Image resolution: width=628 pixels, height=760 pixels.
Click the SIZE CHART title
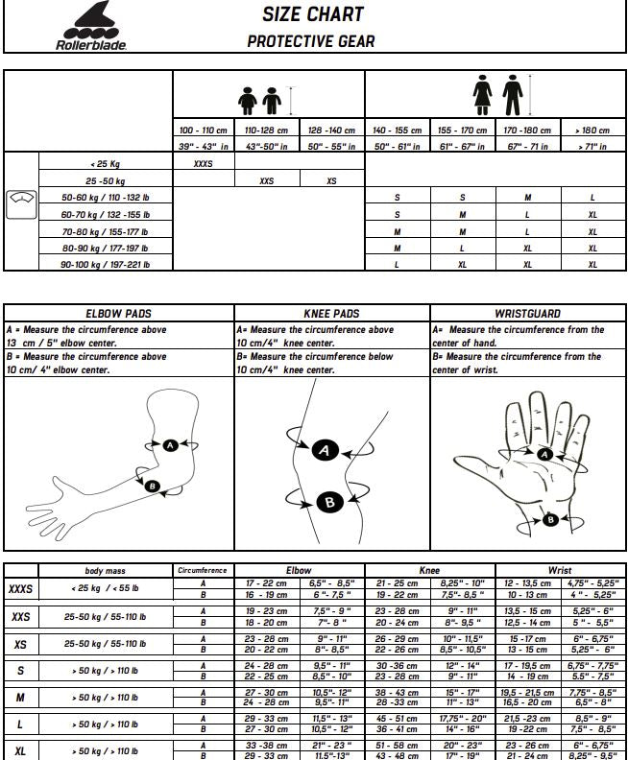click(312, 14)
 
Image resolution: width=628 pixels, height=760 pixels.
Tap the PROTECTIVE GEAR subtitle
click(311, 41)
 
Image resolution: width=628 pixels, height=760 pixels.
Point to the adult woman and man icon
click(496, 96)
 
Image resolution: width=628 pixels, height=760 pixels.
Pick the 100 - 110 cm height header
click(204, 131)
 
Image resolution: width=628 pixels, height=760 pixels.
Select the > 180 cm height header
click(592, 131)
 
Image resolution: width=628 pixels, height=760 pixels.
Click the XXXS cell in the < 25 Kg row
click(204, 163)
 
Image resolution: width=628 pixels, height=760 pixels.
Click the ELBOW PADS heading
click(118, 314)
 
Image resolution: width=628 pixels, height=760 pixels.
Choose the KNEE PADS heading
click(331, 314)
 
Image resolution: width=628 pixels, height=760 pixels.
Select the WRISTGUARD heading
click(527, 314)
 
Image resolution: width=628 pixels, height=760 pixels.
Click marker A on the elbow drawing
click(170, 445)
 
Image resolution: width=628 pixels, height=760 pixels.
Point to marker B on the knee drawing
click(328, 500)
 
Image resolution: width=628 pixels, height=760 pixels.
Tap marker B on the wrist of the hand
click(550, 519)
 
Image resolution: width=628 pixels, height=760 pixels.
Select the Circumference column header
click(203, 570)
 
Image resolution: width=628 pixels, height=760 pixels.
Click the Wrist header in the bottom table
click(559, 570)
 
